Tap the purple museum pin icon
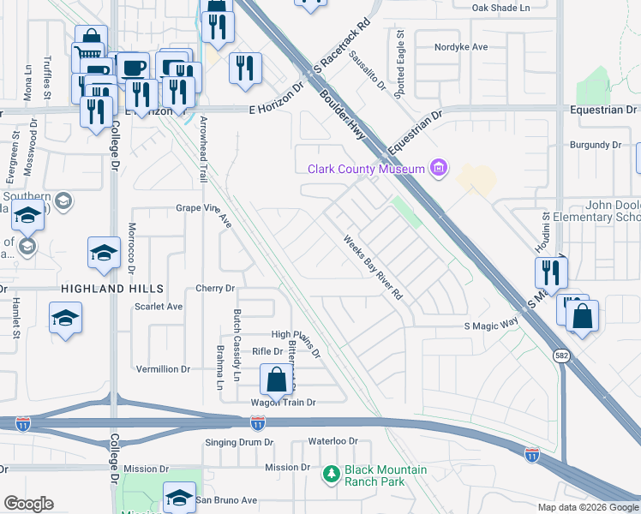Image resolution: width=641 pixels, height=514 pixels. click(440, 168)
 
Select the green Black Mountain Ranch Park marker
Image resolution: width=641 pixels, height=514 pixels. click(331, 472)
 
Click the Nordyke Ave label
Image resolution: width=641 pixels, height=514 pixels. click(461, 48)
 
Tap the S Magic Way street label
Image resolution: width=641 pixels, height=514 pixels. click(492, 326)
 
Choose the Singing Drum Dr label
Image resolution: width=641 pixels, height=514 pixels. click(240, 442)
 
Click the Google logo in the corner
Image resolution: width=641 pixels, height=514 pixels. click(28, 504)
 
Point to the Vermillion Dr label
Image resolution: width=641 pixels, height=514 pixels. click(163, 368)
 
